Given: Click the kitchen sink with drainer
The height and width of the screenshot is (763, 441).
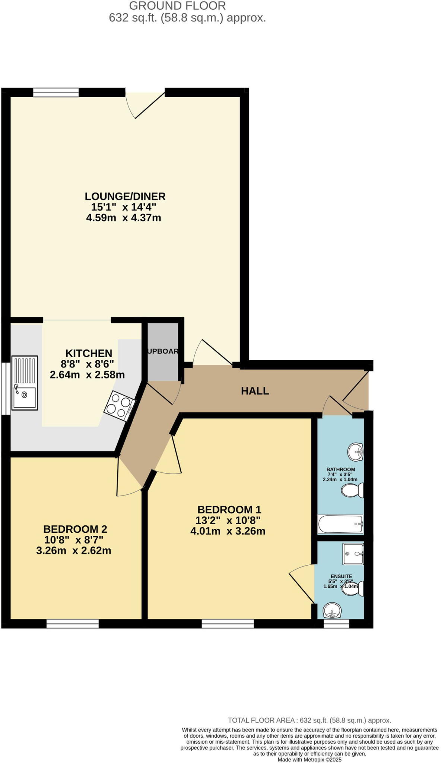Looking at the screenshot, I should pyautogui.click(x=25, y=383).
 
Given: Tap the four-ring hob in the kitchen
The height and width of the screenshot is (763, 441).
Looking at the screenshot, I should pyautogui.click(x=119, y=406).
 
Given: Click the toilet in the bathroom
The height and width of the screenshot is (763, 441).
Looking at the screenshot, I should pyautogui.click(x=352, y=490).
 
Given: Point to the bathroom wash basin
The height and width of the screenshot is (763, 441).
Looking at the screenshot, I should pyautogui.click(x=355, y=452).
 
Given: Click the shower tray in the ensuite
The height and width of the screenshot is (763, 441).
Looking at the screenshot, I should pyautogui.click(x=353, y=554).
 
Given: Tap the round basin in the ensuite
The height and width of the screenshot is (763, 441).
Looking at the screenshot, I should pyautogui.click(x=332, y=611).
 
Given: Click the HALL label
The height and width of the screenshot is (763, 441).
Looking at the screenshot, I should pyautogui.click(x=255, y=391).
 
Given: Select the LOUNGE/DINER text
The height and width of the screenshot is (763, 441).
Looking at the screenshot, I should pyautogui.click(x=125, y=196).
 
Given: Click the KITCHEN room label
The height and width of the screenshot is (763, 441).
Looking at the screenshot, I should pyautogui.click(x=89, y=353).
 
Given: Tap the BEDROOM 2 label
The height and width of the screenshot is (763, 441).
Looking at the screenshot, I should pyautogui.click(x=75, y=529).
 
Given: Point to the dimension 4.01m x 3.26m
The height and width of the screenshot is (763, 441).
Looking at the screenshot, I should pyautogui.click(x=228, y=531).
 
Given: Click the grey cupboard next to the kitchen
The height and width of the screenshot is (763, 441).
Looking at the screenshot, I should pyautogui.click(x=163, y=351).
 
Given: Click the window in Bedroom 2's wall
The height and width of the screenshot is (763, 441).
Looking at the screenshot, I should pyautogui.click(x=73, y=624).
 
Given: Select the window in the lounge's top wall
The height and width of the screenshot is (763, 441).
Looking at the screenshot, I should pyautogui.click(x=56, y=92).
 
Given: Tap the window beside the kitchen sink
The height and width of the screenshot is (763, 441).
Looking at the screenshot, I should pyautogui.click(x=6, y=389).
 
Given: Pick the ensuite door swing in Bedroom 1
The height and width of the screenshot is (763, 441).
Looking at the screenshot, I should pyautogui.click(x=302, y=583).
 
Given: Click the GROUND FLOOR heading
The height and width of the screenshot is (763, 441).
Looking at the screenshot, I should pyautogui.click(x=177, y=6).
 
